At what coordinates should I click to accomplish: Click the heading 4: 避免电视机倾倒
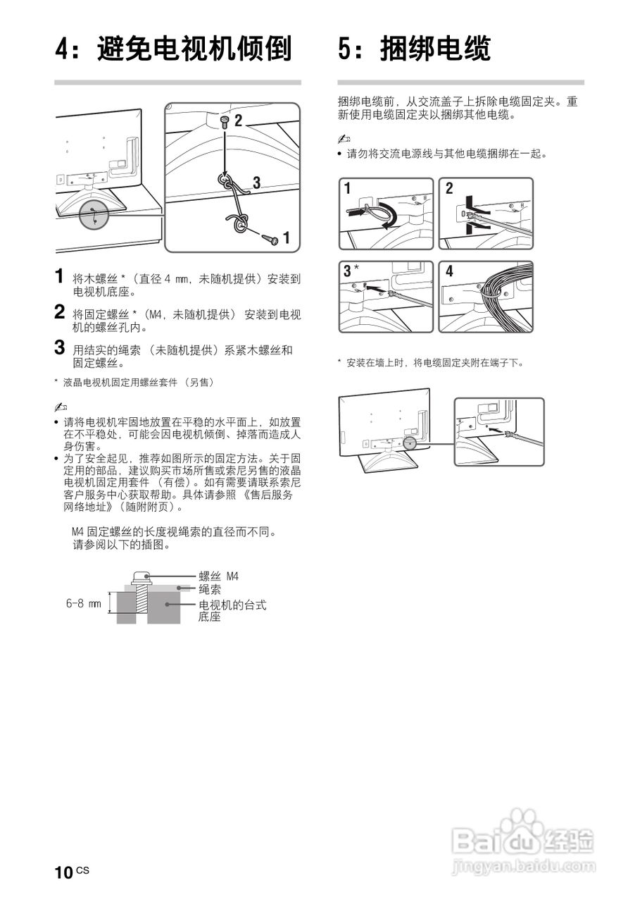tap(173, 50)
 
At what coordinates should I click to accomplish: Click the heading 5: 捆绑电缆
tap(414, 50)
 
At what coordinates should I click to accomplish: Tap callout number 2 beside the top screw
tap(238, 121)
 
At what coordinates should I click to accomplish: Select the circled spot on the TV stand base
tap(94, 215)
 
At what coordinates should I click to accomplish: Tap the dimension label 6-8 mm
tap(84, 604)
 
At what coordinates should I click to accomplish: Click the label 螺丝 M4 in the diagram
tap(218, 576)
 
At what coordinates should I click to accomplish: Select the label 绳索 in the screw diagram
tap(210, 590)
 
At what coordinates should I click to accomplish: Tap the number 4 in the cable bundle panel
tap(449, 271)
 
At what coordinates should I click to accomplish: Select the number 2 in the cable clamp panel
tap(449, 188)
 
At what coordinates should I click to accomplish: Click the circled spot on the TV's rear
tap(410, 444)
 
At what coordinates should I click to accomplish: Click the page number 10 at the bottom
tap(64, 873)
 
